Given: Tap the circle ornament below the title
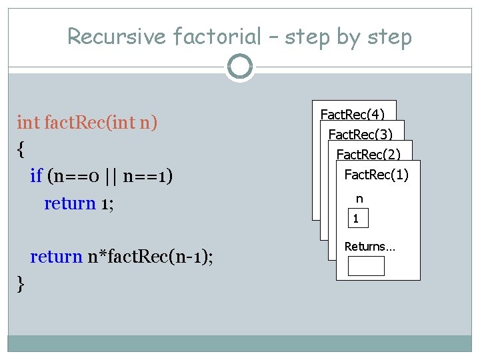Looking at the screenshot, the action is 240,67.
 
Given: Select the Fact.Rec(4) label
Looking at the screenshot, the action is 353,114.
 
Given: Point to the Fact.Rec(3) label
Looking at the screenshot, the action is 361,134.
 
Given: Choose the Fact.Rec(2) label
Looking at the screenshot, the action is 369,155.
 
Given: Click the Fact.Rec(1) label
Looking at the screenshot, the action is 376,175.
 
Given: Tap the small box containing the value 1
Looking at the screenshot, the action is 356,219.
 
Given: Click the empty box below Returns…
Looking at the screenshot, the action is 366,266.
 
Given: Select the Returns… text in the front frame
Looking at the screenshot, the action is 369,247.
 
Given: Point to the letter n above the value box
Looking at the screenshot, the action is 359,199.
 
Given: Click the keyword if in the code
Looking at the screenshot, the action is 37,176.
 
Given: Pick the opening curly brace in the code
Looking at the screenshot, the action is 21,149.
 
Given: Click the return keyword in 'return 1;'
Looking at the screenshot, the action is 70,203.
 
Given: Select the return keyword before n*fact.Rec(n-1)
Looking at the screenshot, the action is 57,257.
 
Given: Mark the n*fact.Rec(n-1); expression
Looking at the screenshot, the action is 151,257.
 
